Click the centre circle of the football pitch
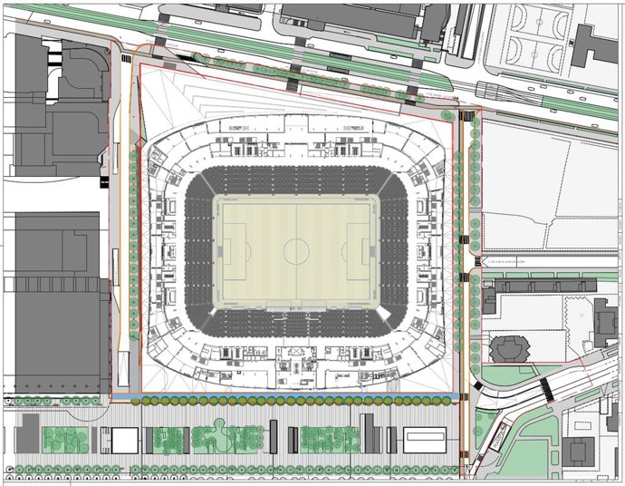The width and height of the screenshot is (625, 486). (x=296, y=248)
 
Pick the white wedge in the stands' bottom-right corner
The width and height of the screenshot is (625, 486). (x=388, y=312)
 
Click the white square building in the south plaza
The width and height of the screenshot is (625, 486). (x=123, y=441)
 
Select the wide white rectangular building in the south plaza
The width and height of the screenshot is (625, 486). (x=426, y=440)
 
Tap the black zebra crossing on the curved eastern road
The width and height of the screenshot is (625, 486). (x=547, y=387)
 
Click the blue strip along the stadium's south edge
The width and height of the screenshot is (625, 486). (x=290, y=399)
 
